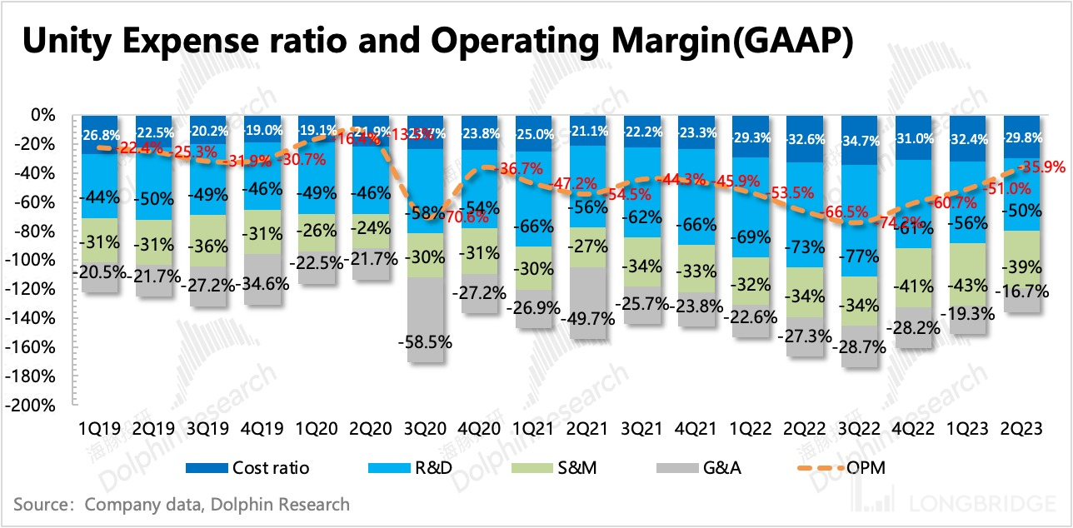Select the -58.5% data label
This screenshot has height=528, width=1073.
pos(426,341)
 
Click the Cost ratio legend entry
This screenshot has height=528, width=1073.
pos(268,467)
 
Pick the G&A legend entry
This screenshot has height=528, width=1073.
pos(721,467)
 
